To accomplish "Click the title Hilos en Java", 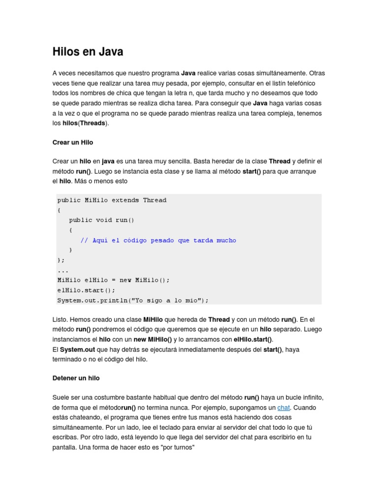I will click(x=88, y=52).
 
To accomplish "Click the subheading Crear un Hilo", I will click(x=72, y=142).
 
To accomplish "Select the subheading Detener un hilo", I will click(x=76, y=378).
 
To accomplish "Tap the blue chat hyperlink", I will click(x=283, y=408).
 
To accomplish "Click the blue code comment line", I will click(x=158, y=240).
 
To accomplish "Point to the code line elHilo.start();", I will click(x=86, y=290).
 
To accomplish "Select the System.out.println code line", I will click(x=133, y=300).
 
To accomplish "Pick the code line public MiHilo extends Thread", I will click(x=112, y=200).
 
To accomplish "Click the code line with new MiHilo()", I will click(x=113, y=280).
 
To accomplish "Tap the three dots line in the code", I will click(x=63, y=270).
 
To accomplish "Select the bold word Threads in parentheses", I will click(x=93, y=123).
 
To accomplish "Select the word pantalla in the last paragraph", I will click(x=64, y=447).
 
